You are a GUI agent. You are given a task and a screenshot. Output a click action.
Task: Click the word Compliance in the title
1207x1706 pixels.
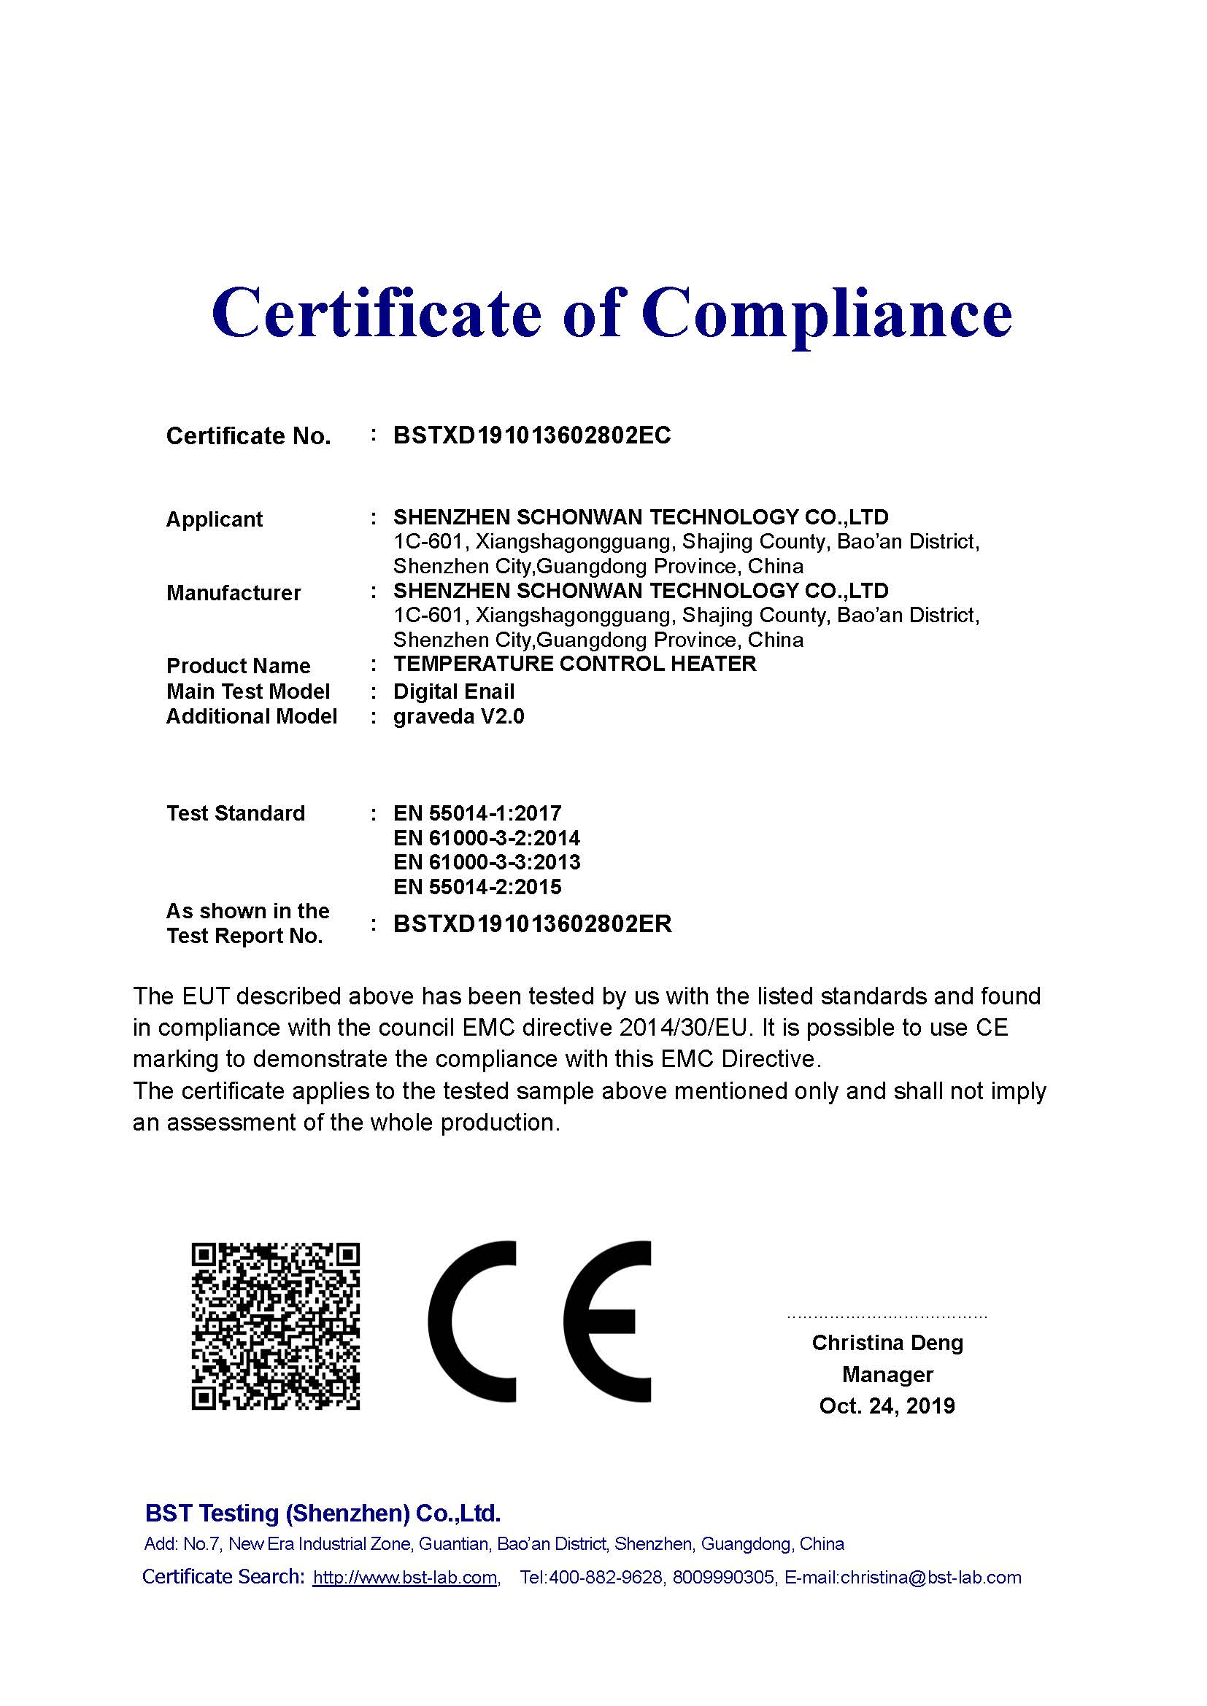coord(827,314)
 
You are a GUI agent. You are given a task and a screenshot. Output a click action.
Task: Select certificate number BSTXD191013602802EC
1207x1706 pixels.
coord(531,435)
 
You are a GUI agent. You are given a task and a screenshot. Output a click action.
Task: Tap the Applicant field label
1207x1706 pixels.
coord(214,519)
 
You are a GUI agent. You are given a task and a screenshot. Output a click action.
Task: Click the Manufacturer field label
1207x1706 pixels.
coord(234,593)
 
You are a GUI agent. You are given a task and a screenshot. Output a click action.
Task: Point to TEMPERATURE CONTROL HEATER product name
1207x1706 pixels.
coord(574,664)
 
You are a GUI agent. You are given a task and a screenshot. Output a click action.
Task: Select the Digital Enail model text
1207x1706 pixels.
coord(453,691)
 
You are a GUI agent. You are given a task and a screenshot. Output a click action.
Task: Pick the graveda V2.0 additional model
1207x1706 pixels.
coord(458,717)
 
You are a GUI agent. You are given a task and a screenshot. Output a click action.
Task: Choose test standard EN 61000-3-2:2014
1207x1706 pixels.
coord(486,838)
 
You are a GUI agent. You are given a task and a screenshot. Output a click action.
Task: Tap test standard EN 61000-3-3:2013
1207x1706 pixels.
coord(486,863)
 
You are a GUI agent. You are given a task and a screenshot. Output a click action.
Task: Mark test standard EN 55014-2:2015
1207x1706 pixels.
coord(477,887)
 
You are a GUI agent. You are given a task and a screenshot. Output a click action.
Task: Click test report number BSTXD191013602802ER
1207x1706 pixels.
coord(532,924)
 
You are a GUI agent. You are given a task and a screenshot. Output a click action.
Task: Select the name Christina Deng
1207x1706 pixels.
coord(887,1343)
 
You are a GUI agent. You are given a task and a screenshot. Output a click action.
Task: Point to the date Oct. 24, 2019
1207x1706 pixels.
coord(887,1405)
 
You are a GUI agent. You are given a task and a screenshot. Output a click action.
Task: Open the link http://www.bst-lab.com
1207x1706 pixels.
coord(405,1578)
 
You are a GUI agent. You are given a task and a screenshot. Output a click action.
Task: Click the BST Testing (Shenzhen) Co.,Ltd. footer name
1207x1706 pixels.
coord(323,1513)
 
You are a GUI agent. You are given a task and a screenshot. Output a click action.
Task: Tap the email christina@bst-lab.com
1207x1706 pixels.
coord(930,1578)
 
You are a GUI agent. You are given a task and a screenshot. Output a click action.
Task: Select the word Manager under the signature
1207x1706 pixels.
coord(887,1375)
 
